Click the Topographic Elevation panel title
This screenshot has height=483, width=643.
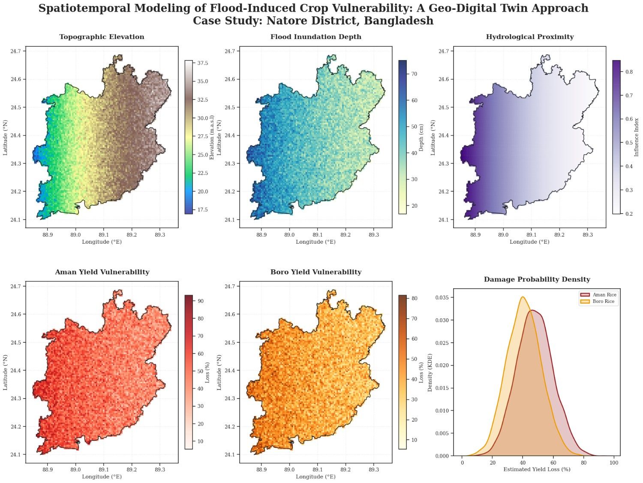[102, 37]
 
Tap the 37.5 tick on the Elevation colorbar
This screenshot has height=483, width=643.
[203, 63]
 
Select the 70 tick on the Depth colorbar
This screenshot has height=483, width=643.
[414, 74]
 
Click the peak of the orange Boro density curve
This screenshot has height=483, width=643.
[523, 297]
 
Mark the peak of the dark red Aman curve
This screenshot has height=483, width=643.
[532, 310]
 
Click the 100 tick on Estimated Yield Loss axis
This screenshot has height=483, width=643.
[614, 463]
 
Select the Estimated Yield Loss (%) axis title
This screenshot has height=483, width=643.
[537, 470]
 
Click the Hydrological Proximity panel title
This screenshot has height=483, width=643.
[529, 37]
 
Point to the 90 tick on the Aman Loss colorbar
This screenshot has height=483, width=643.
[200, 301]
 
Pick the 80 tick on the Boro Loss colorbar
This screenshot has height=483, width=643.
[414, 299]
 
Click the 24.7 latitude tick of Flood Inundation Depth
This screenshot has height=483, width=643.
[230, 51]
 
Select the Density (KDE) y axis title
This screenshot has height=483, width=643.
[430, 372]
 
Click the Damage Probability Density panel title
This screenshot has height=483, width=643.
[537, 280]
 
